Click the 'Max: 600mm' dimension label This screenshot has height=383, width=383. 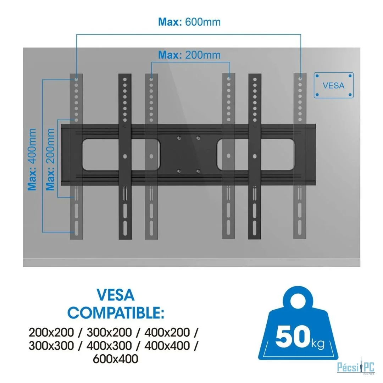tap(189, 22)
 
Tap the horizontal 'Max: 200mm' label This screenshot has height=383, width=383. tap(189, 55)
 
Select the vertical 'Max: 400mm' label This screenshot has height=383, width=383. tap(32, 160)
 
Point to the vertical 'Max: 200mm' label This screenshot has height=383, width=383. tap(50, 160)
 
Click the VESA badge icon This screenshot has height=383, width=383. tap(334, 85)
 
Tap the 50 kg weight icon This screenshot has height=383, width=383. tap(298, 323)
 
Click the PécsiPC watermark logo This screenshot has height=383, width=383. tap(356, 367)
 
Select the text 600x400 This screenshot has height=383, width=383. tap(116, 359)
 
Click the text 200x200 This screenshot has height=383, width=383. tap(51, 332)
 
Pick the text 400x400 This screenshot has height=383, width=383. tap(167, 346)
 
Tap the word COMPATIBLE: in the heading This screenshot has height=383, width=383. tap(116, 313)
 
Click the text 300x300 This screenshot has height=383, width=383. tap(51, 346)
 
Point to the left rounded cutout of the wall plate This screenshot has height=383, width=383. tap(121, 154)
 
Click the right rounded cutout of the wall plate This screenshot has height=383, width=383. tap(255, 154)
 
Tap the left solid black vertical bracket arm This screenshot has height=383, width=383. tap(125, 156)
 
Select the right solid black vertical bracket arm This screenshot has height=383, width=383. tap(255, 156)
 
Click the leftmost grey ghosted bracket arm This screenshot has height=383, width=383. tap(77, 156)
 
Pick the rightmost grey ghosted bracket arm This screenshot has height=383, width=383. tap(300, 156)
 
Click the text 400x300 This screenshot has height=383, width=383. tap(109, 346)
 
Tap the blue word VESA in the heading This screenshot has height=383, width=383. tap(116, 295)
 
